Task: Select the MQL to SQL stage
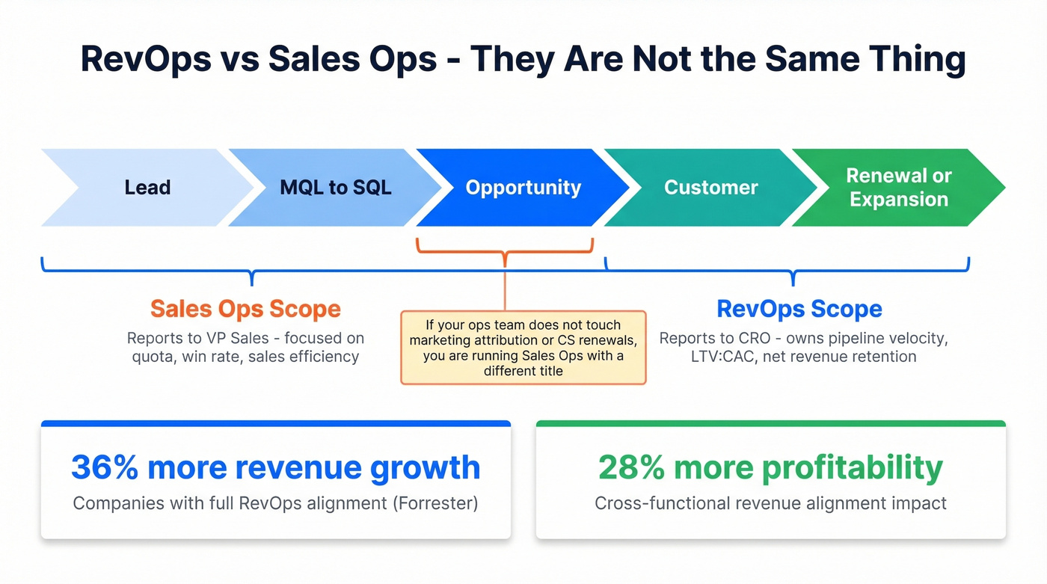click(335, 187)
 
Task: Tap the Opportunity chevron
click(523, 187)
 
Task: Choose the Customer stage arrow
click(710, 187)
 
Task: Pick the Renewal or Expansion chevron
click(898, 187)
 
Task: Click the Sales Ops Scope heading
click(245, 309)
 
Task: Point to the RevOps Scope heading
click(799, 309)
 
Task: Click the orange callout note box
click(523, 348)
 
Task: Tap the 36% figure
click(105, 467)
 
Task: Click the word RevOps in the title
click(146, 60)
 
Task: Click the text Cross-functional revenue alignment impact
click(770, 502)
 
